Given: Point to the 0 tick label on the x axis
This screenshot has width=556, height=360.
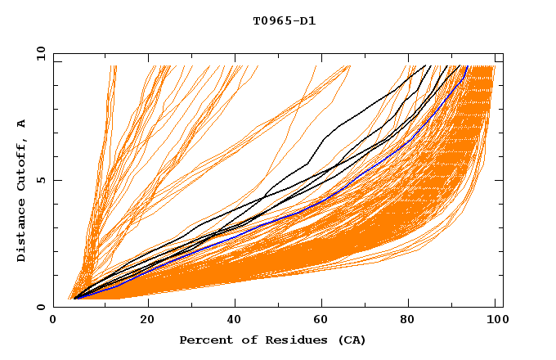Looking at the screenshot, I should tap(53, 320).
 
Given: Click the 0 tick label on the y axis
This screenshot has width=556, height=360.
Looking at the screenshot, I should tap(41, 308).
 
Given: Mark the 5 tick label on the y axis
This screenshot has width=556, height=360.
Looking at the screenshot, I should tap(41, 180).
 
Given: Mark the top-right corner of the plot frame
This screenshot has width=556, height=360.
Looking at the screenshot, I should tap(503, 53).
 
